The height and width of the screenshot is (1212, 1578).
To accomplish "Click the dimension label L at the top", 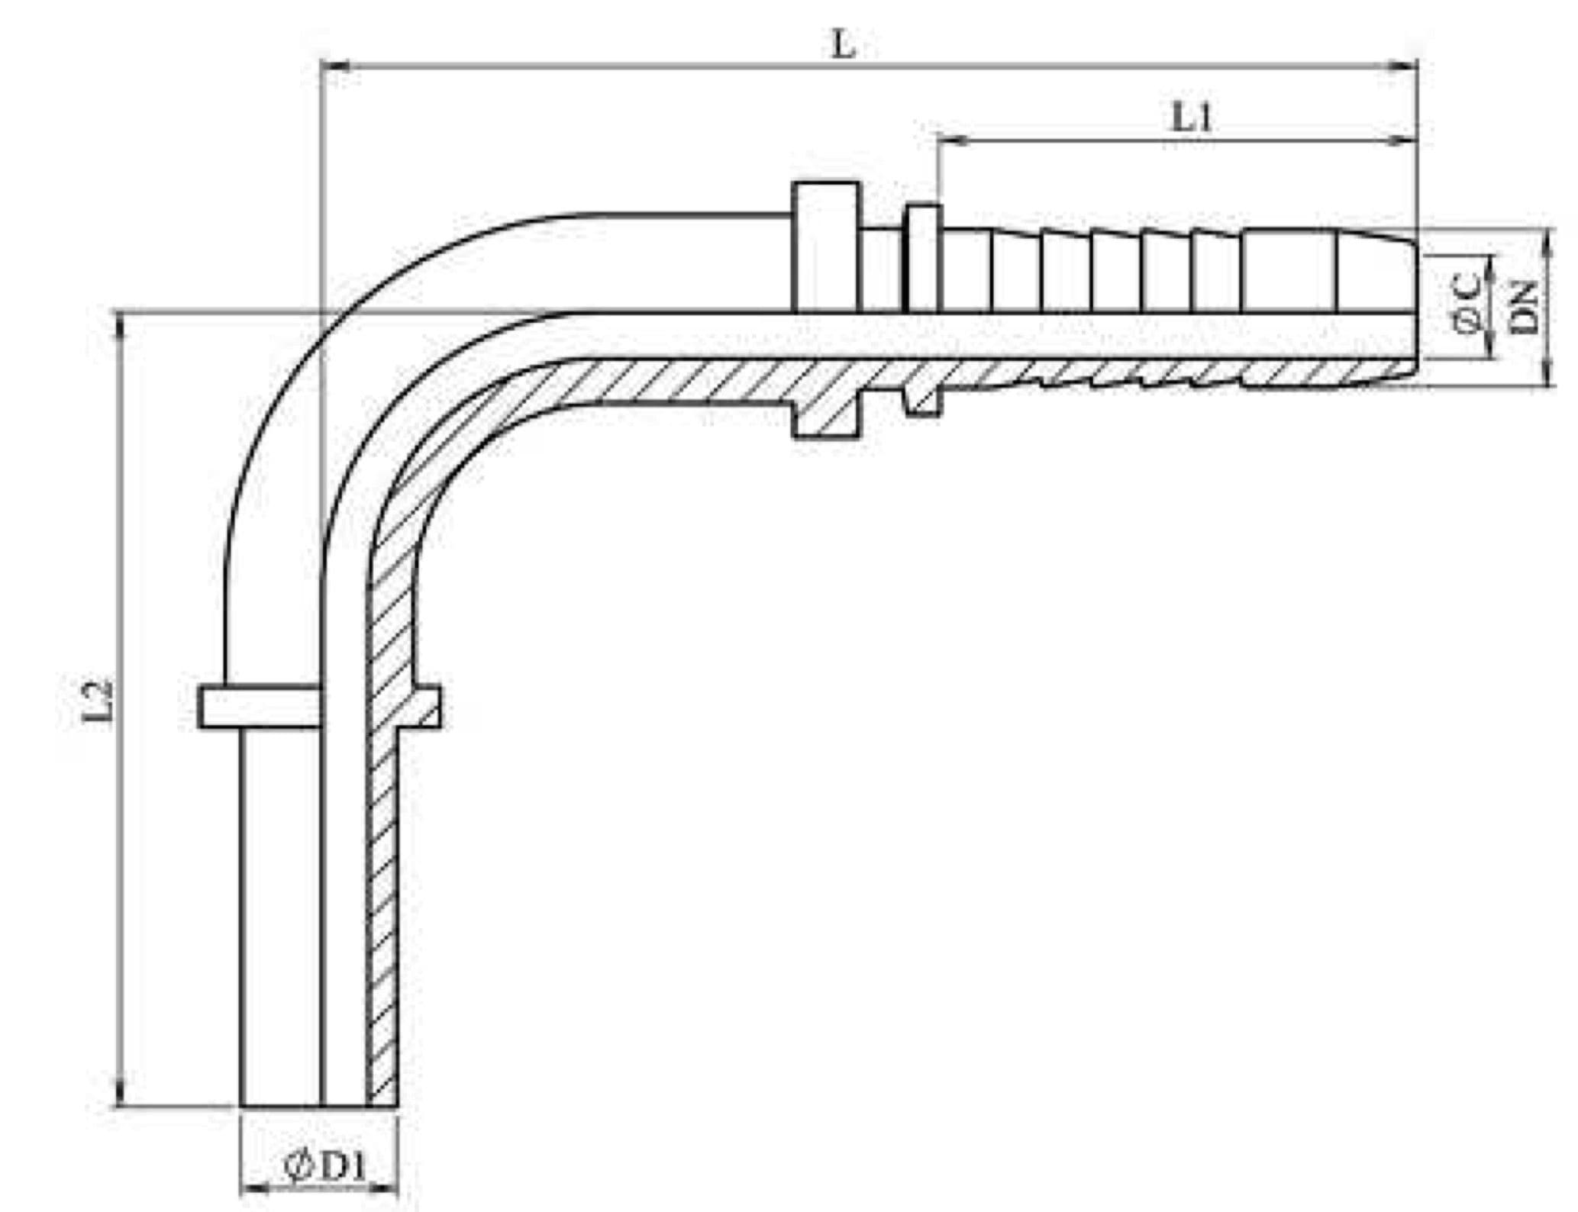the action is [x=844, y=46].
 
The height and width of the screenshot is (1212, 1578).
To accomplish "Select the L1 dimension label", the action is [x=1192, y=118].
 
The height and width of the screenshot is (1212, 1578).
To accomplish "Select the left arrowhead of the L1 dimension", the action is [x=954, y=140].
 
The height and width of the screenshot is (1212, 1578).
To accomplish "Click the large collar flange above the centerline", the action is [x=826, y=247].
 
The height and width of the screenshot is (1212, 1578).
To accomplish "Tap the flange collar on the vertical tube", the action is [x=320, y=706].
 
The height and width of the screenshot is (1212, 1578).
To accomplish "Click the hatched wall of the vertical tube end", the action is [x=382, y=916].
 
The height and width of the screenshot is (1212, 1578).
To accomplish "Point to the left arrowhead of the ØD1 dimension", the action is [x=257, y=1188].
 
